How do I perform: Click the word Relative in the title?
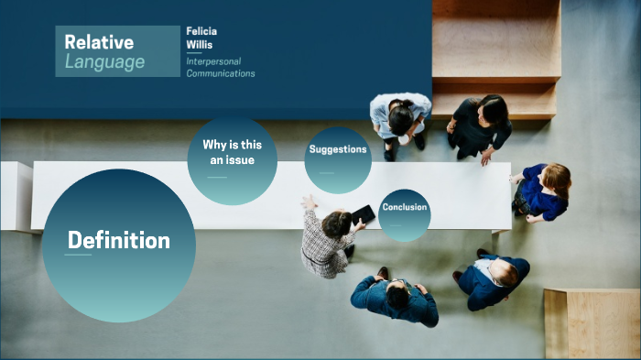coord(100,42)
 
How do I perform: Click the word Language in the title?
coord(104,62)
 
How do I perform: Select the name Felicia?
coord(201,31)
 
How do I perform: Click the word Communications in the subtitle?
coord(221,73)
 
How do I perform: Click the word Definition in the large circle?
coord(118,241)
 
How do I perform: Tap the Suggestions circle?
coord(337,158)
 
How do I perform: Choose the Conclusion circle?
coord(404,214)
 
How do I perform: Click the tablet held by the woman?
coord(364,214)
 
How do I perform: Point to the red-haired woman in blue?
coord(546,191)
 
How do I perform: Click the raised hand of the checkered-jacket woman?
coord(309,202)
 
